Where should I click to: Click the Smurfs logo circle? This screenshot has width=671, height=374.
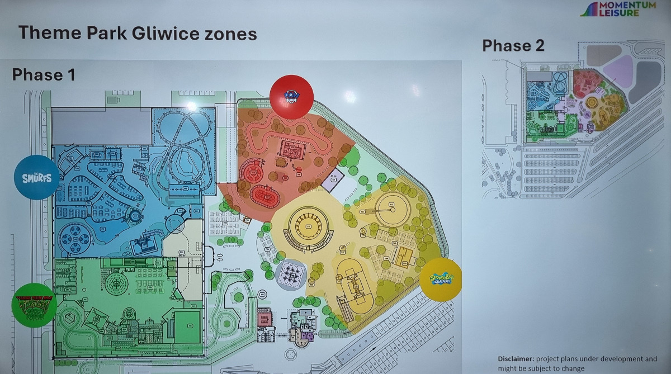36,177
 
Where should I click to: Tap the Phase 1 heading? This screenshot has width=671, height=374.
44,74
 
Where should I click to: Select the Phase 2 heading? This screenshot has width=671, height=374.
513,46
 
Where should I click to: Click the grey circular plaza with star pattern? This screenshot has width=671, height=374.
291,274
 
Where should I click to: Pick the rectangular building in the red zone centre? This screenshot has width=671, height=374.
293,150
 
